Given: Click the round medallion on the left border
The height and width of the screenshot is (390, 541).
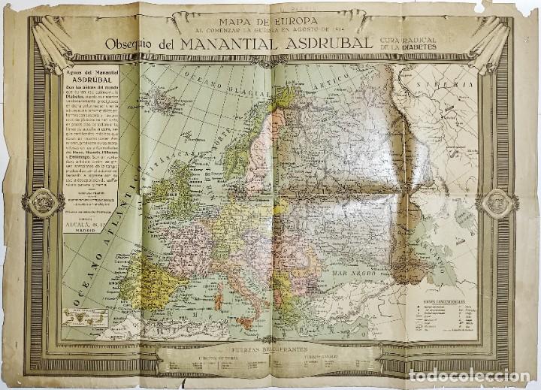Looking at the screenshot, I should coord(44,202).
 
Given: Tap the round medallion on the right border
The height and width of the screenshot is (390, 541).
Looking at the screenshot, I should coord(498,201).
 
